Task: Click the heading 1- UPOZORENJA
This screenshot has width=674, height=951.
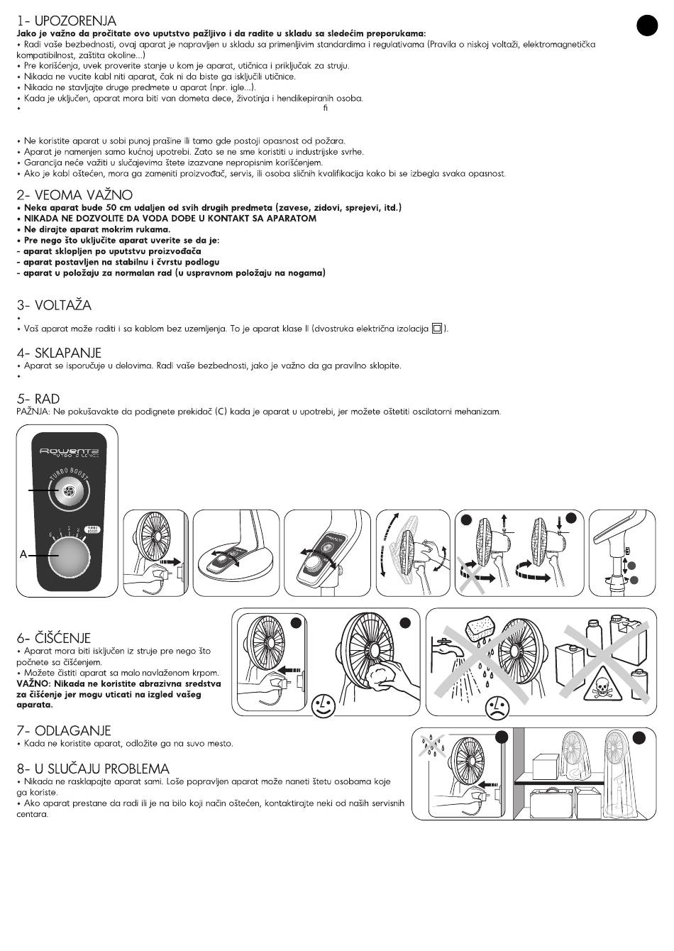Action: click(x=67, y=21)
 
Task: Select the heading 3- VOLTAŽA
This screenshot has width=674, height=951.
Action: click(x=54, y=306)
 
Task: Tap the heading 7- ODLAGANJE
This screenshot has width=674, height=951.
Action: click(x=63, y=730)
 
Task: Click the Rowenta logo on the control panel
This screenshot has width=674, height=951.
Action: click(x=68, y=451)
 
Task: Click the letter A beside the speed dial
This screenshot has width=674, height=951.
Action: click(x=23, y=554)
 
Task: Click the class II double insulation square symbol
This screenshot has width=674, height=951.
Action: click(x=437, y=329)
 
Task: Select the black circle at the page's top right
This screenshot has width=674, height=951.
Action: click(x=646, y=26)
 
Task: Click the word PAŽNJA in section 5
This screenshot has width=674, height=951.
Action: click(x=32, y=412)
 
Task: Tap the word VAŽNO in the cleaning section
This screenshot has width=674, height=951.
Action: click(x=31, y=683)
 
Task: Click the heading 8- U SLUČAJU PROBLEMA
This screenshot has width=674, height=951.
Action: click(x=93, y=769)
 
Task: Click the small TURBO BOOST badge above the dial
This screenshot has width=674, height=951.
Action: click(x=92, y=529)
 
